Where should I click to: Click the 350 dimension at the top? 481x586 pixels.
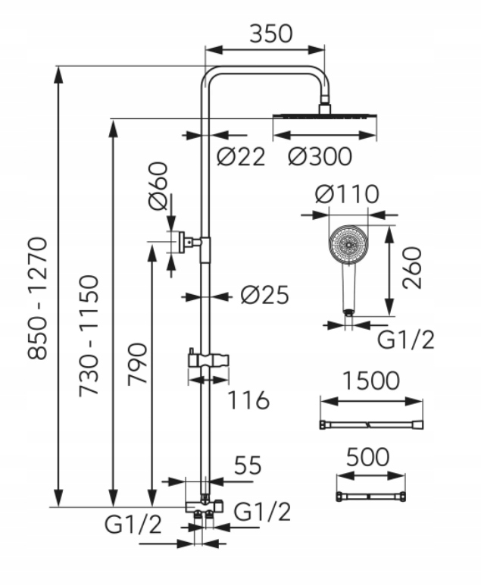[x=270, y=33]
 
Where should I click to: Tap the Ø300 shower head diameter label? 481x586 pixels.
[x=320, y=156]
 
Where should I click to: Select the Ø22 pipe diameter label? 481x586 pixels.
[x=241, y=156]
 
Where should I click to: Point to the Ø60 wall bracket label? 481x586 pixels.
[x=158, y=186]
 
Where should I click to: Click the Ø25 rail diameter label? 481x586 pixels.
[x=265, y=295]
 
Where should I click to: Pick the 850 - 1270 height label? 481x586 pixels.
[x=38, y=298]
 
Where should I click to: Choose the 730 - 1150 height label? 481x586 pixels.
[x=89, y=336]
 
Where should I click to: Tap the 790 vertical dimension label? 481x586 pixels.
[x=137, y=364]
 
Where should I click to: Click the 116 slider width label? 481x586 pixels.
[x=248, y=400]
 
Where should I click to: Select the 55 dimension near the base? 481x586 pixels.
[x=247, y=465]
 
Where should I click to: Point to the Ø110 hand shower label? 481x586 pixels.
[x=347, y=194]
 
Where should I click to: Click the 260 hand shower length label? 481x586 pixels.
[x=412, y=268]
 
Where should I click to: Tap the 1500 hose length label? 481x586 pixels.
[x=371, y=381]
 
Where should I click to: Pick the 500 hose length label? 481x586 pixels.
[x=368, y=457]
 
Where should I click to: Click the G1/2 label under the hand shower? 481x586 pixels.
[x=406, y=340]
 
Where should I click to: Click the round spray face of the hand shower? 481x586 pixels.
[x=348, y=245]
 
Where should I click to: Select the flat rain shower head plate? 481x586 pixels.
[x=325, y=116]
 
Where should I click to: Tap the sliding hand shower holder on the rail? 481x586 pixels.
[x=208, y=362]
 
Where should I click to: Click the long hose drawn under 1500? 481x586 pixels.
[x=372, y=425]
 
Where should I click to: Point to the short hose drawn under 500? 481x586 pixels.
[x=371, y=497]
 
